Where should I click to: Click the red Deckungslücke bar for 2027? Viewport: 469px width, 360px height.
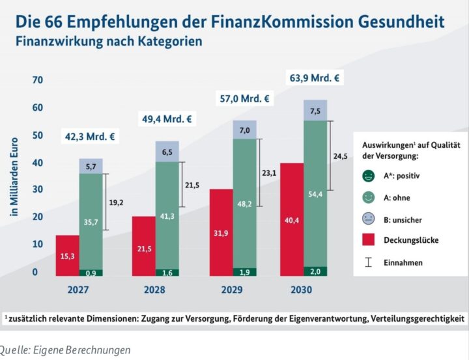[67, 255]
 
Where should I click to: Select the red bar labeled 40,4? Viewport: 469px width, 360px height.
[291, 219]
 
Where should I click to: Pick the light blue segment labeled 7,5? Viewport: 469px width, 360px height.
[315, 110]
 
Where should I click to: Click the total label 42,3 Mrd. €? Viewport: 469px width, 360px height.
[89, 137]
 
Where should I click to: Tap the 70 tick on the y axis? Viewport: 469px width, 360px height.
[36, 80]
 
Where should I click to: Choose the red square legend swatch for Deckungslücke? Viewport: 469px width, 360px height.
[369, 240]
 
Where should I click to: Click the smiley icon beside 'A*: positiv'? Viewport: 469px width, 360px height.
[369, 174]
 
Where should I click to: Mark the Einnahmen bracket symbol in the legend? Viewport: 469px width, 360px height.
[369, 262]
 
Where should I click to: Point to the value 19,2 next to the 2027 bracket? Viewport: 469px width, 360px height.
[117, 202]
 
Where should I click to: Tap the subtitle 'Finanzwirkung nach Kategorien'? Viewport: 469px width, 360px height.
[109, 41]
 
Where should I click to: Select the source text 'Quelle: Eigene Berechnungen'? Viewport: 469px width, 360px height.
[65, 350]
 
